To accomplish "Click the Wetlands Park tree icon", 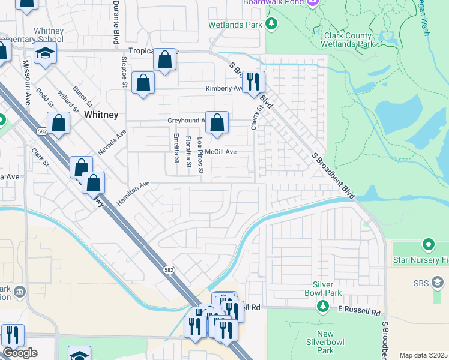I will (272, 24).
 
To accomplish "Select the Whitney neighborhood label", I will (101, 114).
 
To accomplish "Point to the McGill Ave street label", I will (221, 152).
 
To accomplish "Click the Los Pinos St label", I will (200, 157).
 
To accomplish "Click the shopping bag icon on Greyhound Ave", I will (217, 122).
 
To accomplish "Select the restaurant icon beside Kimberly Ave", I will (253, 82).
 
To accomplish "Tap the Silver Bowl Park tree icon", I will (323, 307).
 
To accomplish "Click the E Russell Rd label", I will (359, 313).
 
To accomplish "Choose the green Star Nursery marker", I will (428, 245).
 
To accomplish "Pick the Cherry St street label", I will (259, 118).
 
